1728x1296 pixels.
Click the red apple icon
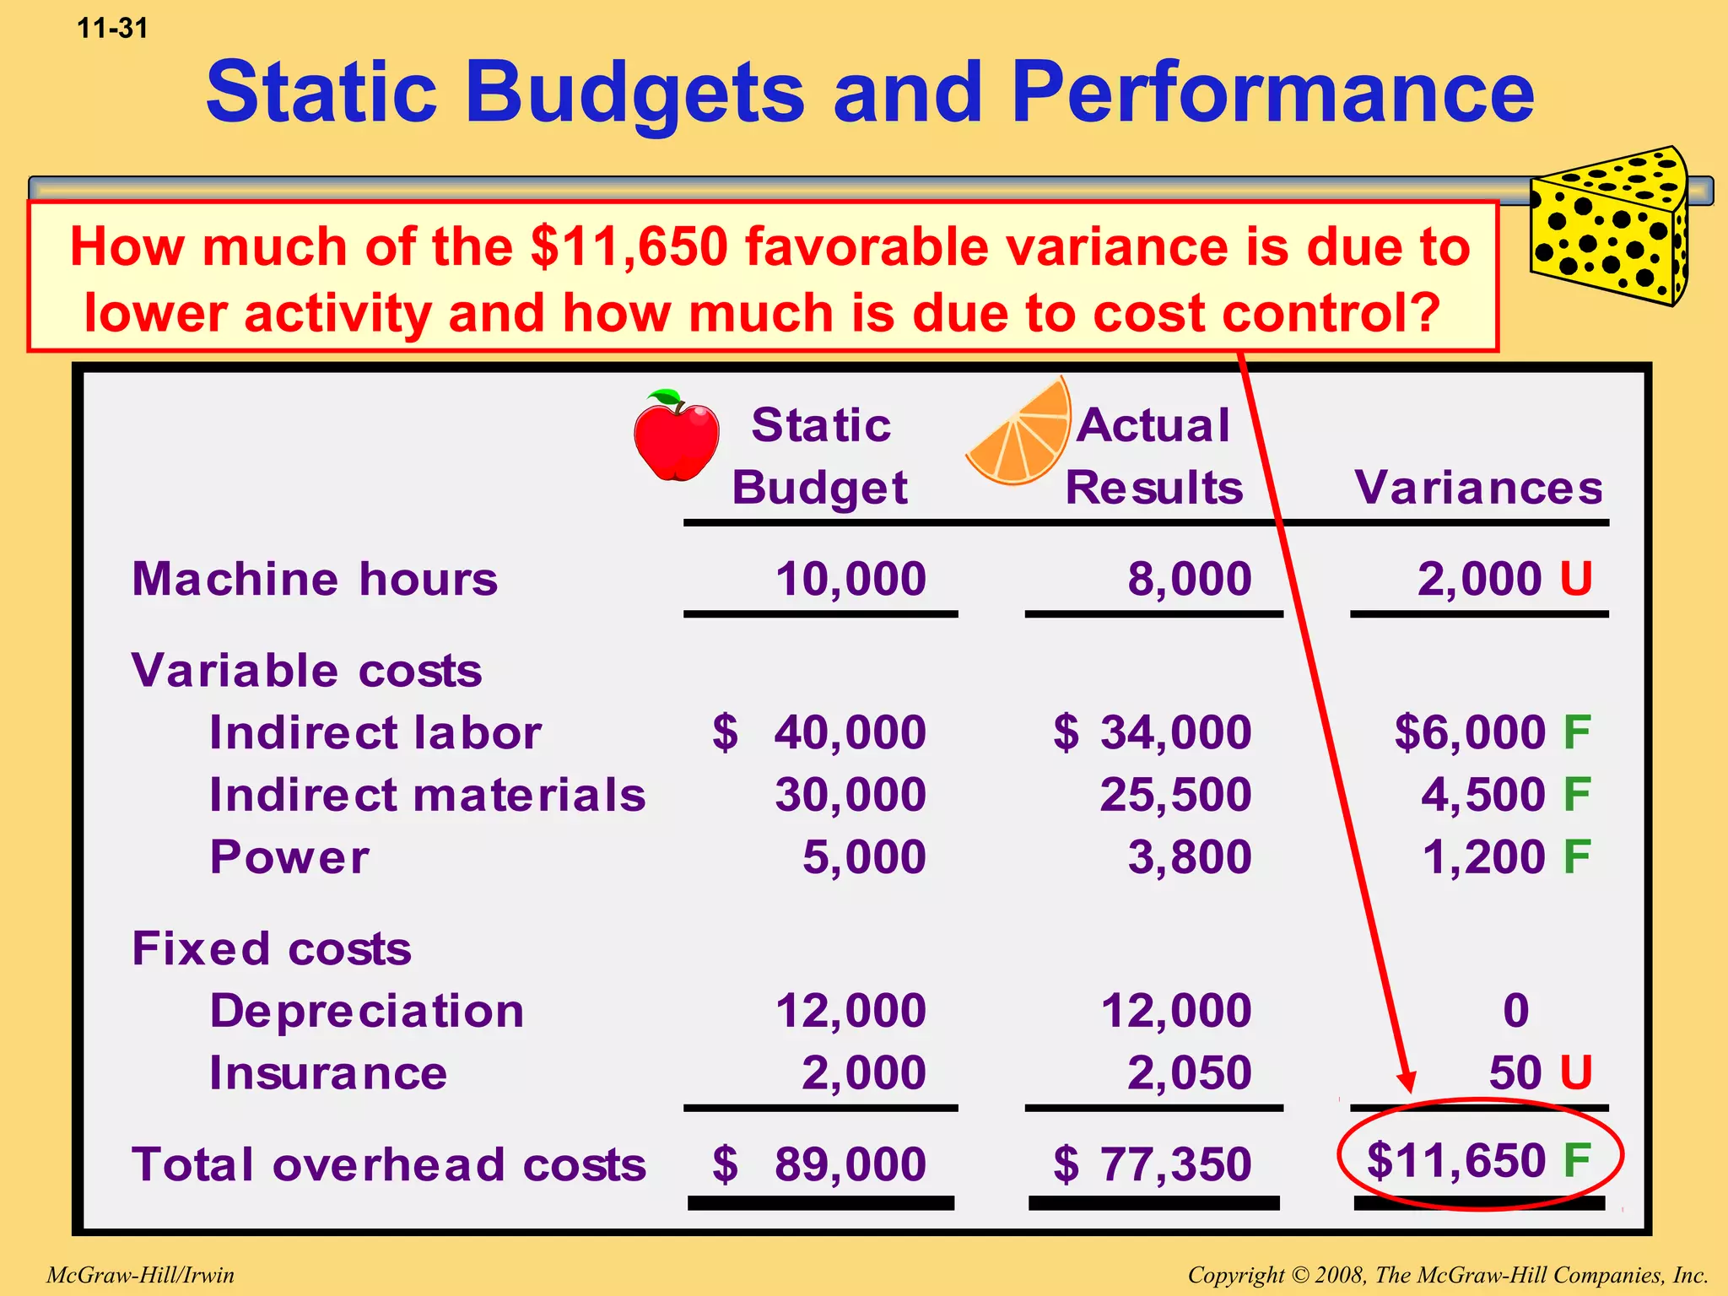676,436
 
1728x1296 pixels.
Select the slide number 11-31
112,29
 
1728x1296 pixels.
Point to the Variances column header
1478,488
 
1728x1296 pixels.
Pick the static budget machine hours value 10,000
850,580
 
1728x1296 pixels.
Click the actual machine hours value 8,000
1190,580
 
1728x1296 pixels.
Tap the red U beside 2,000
1575,580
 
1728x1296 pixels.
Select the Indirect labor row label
375,732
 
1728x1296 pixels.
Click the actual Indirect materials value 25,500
1175,795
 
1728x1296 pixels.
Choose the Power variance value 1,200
1483,857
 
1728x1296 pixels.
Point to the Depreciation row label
367,1011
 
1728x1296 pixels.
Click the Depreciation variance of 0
1515,1011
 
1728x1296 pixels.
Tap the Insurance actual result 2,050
1190,1073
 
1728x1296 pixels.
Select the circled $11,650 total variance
1478,1159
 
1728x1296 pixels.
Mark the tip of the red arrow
1407,1090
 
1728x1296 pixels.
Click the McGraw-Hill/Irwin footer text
141,1275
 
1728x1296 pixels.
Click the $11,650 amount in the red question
629,247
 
